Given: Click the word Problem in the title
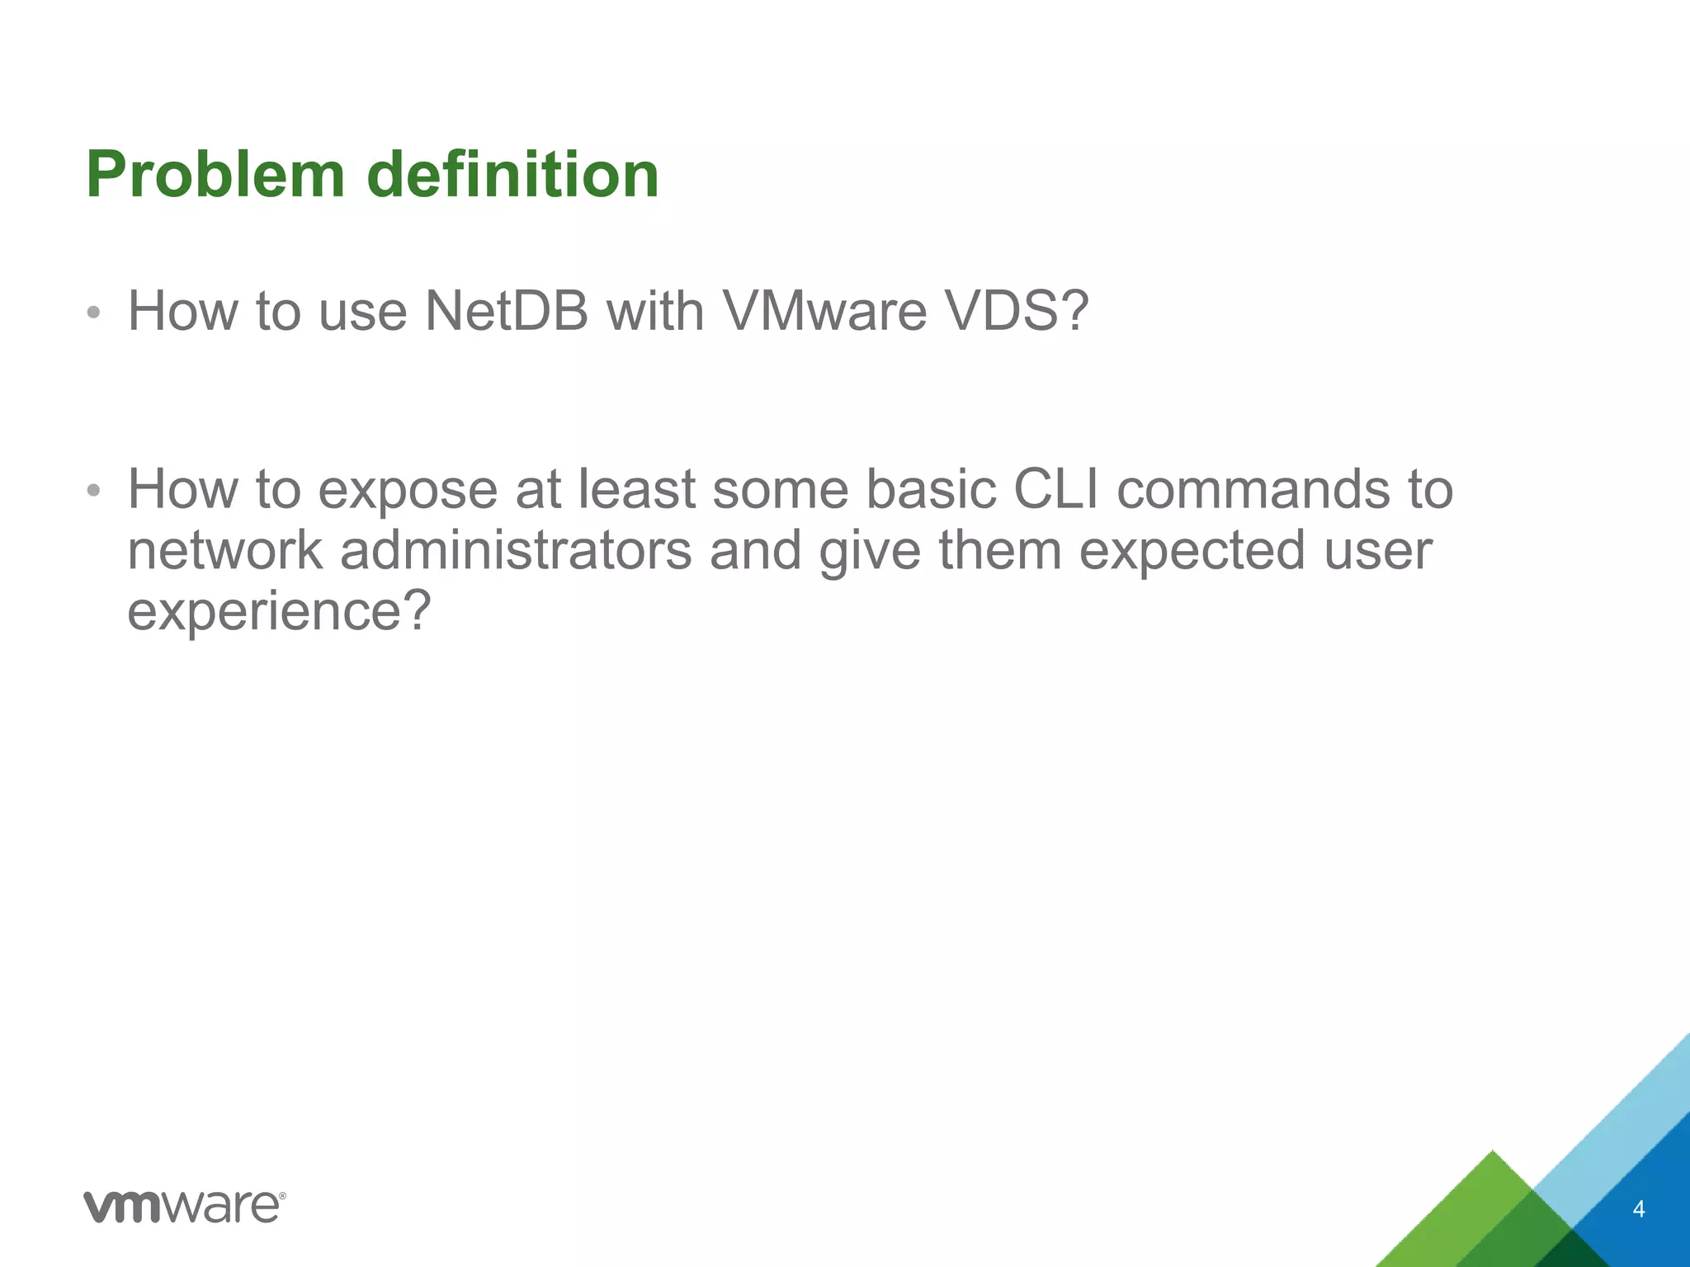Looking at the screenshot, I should pos(215,175).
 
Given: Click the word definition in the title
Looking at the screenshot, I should pos(512,175).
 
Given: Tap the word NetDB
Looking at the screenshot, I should pos(506,312).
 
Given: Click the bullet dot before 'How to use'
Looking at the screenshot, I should pos(94,313).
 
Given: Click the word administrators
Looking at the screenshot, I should pos(516,551).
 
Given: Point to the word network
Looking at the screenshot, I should pos(225,551).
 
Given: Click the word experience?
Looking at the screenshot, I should pos(280,612).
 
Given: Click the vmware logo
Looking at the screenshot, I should pos(185,1206).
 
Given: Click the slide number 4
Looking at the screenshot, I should pos(1639,1209).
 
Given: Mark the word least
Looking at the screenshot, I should pos(636,490).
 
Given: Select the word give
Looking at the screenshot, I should pos(870,551).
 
